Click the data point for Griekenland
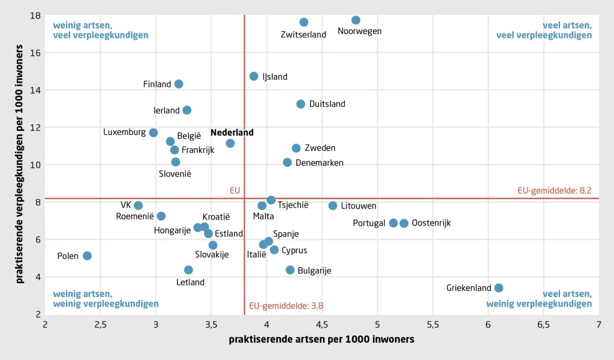[498, 288]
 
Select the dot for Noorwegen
[356, 20]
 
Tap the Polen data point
[88, 256]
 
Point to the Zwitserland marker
[304, 22]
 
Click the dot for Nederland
[230, 143]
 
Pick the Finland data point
[179, 84]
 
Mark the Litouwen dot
[332, 206]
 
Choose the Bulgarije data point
[290, 270]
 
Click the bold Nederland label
[232, 133]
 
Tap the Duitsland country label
[327, 104]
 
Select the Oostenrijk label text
[431, 223]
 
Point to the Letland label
[190, 282]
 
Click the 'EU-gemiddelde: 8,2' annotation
[555, 190]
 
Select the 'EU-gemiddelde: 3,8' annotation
[286, 306]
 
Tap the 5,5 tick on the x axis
[433, 325]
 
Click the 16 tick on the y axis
[35, 52]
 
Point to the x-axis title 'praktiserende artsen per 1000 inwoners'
[321, 339]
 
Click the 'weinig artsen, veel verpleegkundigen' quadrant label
[101, 30]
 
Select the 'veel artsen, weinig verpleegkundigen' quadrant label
[539, 299]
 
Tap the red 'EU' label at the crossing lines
[235, 190]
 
